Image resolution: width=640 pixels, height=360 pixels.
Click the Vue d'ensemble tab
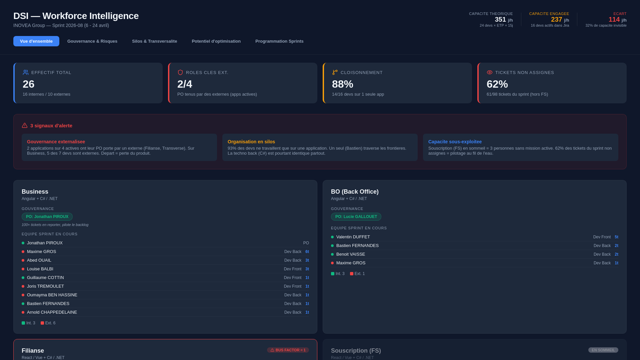[x=36, y=41]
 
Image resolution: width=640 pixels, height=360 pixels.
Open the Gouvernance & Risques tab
[x=92, y=41]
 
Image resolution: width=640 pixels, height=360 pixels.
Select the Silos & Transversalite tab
[x=154, y=41]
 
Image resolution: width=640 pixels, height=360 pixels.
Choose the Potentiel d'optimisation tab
[x=216, y=41]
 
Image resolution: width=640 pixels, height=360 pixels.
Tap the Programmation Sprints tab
[x=279, y=41]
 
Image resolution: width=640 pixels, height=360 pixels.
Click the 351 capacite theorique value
[x=500, y=20]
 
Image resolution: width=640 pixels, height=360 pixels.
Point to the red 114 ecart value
[x=614, y=20]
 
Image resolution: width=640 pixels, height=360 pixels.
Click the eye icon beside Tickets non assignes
[x=490, y=72]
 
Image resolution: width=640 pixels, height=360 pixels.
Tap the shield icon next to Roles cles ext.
[x=180, y=72]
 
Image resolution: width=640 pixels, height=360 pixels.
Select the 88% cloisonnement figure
[x=342, y=84]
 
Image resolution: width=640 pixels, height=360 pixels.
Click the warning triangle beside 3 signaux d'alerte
[x=25, y=125]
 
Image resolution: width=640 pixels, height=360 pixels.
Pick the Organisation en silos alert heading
[x=251, y=142]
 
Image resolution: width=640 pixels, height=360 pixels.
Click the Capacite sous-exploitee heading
[x=455, y=142]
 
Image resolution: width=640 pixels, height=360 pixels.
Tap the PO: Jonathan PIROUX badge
[x=47, y=217]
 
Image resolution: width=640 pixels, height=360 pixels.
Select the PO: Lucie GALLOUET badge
[x=356, y=217]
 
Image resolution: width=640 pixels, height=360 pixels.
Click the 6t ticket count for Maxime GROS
[x=307, y=252]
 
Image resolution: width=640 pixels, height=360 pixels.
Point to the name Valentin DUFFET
[x=353, y=237]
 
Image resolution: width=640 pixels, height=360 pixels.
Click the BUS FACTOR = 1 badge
[x=288, y=350]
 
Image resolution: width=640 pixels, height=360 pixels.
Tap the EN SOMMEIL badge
[x=603, y=350]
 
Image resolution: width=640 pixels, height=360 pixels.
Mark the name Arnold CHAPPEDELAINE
[x=52, y=312]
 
